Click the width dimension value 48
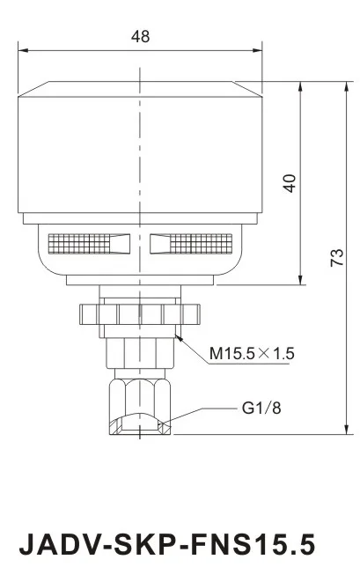(x=140, y=36)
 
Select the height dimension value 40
(x=290, y=182)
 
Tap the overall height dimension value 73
(x=335, y=257)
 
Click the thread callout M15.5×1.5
(x=252, y=354)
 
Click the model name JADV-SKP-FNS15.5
(x=166, y=541)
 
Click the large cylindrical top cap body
(x=139, y=150)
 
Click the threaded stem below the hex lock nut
(x=139, y=352)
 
